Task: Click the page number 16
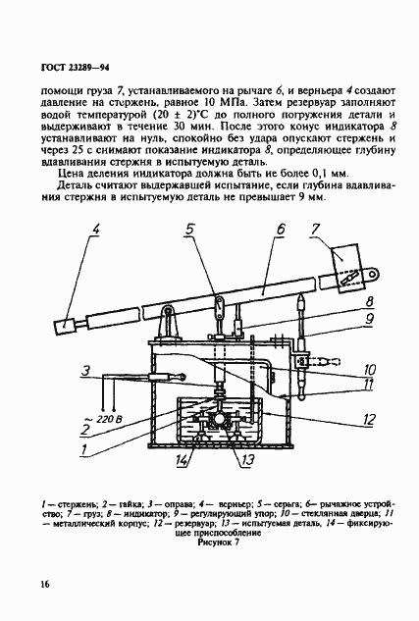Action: (x=45, y=586)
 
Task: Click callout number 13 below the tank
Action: (x=249, y=460)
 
